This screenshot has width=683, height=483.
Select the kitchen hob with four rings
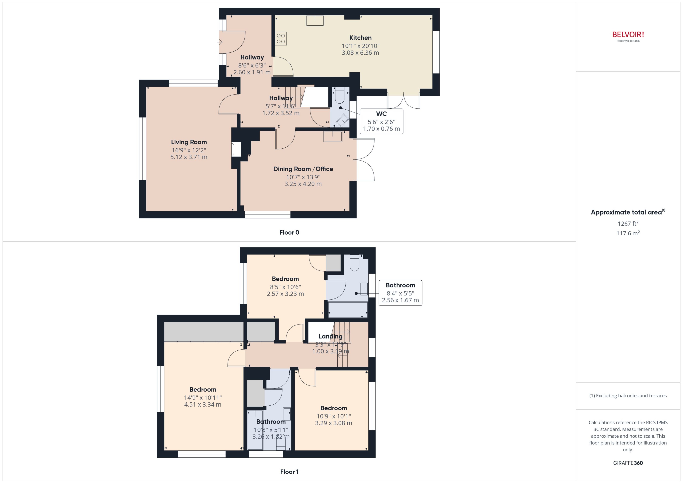click(281, 39)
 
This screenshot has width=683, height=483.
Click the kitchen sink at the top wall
click(315, 21)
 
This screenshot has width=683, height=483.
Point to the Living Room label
click(189, 142)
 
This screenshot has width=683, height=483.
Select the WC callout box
click(381, 121)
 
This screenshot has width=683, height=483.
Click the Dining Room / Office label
click(303, 169)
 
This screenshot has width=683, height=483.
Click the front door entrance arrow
click(220, 42)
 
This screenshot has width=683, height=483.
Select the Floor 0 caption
click(289, 233)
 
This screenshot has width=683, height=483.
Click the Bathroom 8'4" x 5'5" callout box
click(400, 293)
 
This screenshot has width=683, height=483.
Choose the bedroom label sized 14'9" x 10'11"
click(203, 390)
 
